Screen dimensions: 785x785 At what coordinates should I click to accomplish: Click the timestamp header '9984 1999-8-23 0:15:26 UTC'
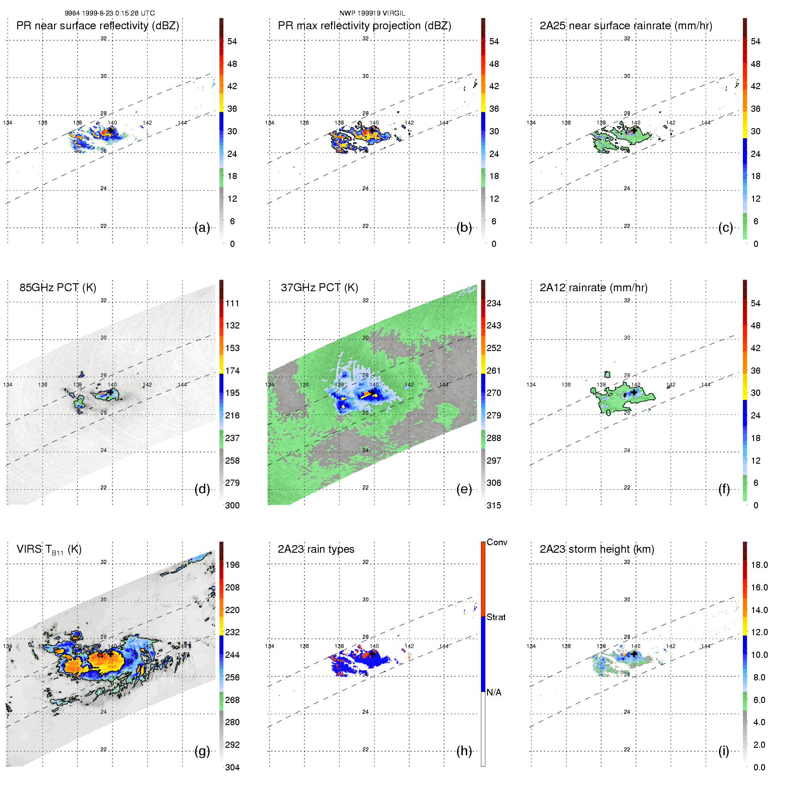[x=109, y=13]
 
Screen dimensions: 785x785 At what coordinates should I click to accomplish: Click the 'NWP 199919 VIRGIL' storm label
[x=372, y=13]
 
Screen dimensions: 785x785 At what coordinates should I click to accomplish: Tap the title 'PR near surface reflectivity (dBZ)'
[x=98, y=26]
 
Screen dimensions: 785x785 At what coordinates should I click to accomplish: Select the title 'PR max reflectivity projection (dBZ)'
[x=364, y=26]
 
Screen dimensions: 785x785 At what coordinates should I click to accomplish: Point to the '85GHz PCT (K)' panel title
[x=58, y=288]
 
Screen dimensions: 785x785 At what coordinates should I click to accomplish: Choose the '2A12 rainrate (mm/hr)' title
[x=594, y=288]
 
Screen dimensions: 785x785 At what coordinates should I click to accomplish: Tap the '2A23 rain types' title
[x=316, y=549]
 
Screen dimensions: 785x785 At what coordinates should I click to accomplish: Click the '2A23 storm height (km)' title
[x=597, y=549]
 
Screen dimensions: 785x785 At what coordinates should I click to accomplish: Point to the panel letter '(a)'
[x=202, y=228]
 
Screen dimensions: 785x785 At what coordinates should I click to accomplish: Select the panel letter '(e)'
[x=464, y=489]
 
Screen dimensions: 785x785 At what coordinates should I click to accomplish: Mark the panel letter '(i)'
[x=723, y=751]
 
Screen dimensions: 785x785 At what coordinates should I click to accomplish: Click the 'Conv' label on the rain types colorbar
[x=497, y=542]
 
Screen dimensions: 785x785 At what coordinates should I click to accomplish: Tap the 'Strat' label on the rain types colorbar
[x=496, y=617]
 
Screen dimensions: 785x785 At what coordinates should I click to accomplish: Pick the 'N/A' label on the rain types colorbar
[x=494, y=692]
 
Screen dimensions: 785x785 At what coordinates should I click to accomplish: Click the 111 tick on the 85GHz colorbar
[x=232, y=303]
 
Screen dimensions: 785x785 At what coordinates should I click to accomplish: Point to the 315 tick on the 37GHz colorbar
[x=494, y=505]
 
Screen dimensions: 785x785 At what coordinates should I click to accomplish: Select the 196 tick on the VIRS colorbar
[x=232, y=565]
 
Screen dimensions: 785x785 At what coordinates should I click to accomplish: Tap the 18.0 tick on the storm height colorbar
[x=759, y=565]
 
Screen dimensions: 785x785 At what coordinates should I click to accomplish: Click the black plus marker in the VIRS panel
[x=110, y=654]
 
